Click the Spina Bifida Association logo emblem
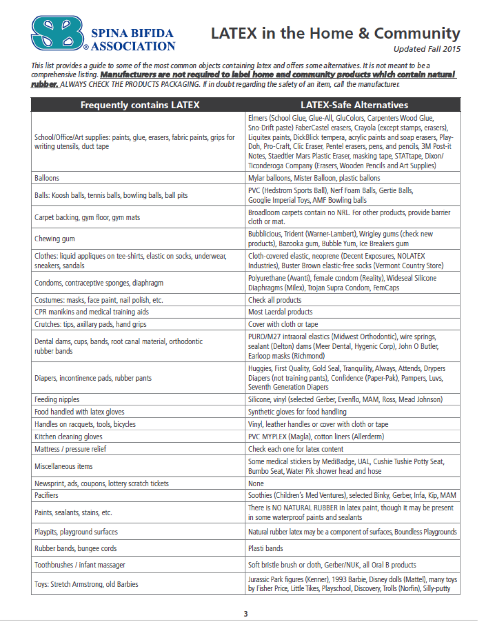(57, 33)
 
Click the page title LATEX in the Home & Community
(335, 33)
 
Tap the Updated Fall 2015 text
(427, 49)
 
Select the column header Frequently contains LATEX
(140, 105)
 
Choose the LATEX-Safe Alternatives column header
(354, 105)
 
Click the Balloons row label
(47, 178)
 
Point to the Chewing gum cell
(55, 239)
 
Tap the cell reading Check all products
(274, 300)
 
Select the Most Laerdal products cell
(280, 312)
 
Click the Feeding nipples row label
(57, 400)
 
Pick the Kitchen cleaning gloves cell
(68, 437)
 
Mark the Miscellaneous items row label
(64, 466)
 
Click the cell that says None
(256, 483)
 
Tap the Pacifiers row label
(47, 495)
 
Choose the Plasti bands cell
(266, 549)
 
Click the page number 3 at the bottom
(246, 614)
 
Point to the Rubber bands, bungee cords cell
(76, 549)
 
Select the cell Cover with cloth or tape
(283, 324)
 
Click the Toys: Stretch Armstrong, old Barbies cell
(86, 584)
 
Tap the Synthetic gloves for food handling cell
(297, 412)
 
